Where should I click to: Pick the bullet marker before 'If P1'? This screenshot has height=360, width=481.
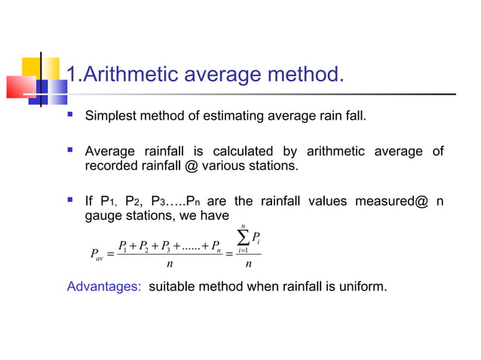[x=69, y=200]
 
